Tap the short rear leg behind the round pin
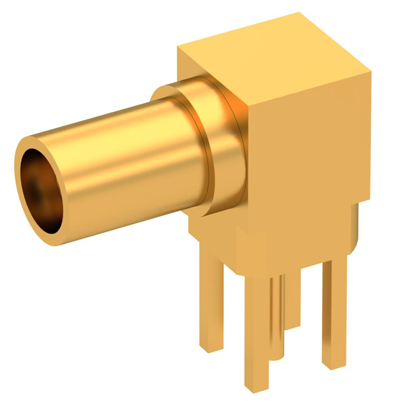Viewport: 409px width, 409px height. click(x=293, y=300)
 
